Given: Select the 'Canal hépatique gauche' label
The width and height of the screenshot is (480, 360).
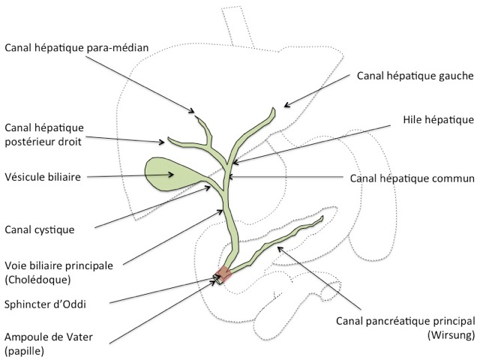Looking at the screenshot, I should pyautogui.click(x=415, y=75).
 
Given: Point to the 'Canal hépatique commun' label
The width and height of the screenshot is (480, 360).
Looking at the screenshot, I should pyautogui.click(x=412, y=178).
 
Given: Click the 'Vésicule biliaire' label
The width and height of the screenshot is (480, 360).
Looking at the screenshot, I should pyautogui.click(x=42, y=177).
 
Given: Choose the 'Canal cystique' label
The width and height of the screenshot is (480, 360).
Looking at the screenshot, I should pyautogui.click(x=40, y=229).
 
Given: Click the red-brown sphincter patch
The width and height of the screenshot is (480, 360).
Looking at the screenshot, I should pyautogui.click(x=224, y=275).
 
